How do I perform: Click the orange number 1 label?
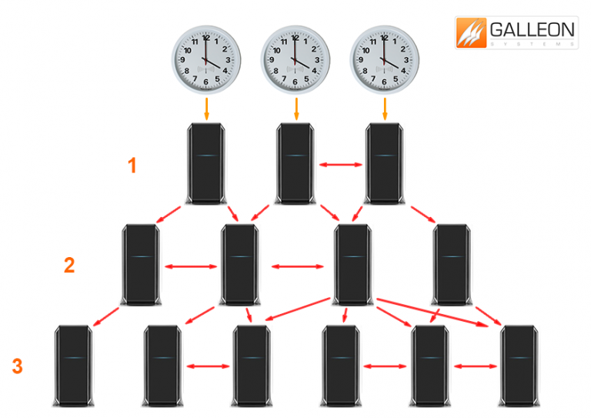132,165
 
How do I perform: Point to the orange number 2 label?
69,266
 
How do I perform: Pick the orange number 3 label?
17,366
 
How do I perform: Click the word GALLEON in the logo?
531,30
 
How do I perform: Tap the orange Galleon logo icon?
471,35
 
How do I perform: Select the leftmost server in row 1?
207,163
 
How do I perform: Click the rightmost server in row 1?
385,163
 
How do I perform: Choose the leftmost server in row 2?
141,264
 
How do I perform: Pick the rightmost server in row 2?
452,264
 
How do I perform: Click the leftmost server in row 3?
75,366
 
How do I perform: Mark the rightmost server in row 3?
519,366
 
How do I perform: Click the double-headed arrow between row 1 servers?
340,164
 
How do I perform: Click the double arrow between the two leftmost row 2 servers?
192,267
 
